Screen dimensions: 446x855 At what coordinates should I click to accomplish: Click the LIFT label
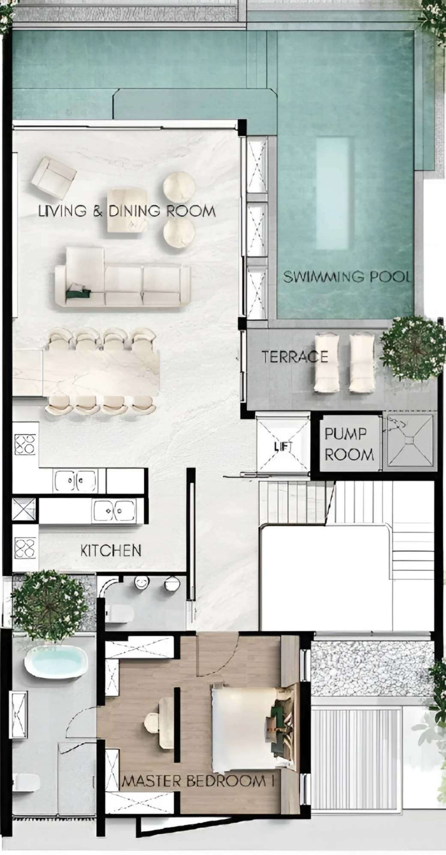click(x=283, y=446)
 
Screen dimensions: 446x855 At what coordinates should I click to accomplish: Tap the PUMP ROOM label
click(x=349, y=444)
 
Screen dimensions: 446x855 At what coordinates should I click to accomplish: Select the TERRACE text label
click(x=295, y=357)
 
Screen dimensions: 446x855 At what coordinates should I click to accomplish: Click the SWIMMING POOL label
click(x=347, y=277)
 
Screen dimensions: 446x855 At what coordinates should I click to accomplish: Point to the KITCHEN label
click(x=111, y=550)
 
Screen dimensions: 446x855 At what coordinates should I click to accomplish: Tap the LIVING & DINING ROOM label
click(x=127, y=211)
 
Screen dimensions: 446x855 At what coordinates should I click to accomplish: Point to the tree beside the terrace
click(x=410, y=348)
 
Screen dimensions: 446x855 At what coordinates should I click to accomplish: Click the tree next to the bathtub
click(x=49, y=606)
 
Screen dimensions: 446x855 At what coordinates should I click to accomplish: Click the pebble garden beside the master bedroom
click(x=372, y=670)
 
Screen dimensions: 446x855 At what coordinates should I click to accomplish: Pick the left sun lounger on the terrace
click(x=327, y=363)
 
